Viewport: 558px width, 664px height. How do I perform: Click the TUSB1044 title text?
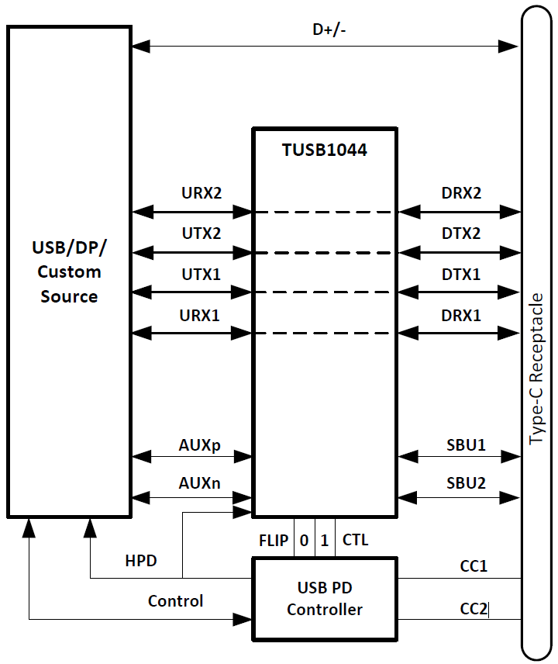pos(324,150)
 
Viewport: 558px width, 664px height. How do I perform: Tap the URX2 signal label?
pos(201,192)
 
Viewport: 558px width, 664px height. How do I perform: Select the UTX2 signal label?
pos(201,233)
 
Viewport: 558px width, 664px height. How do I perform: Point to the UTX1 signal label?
pos(201,274)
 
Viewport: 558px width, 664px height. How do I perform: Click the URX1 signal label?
pos(201,316)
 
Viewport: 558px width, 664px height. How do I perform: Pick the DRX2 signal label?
pos(460,192)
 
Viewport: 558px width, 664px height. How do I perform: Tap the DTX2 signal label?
pos(460,233)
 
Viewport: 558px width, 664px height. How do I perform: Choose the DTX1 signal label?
pos(460,274)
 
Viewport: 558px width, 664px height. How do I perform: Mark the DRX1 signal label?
pos(460,316)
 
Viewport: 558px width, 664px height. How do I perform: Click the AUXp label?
pos(200,445)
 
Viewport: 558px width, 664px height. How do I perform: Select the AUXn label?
pos(200,483)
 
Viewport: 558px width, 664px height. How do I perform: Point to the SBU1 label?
pos(466,445)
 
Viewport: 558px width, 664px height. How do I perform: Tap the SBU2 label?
pos(466,483)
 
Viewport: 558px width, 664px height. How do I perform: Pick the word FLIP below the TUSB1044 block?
pos(274,540)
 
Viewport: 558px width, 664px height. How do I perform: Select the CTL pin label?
pos(355,540)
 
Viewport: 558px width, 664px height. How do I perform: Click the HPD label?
pos(141,560)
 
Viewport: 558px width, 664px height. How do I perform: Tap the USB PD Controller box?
pos(325,598)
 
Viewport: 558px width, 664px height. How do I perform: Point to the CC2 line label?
pos(474,610)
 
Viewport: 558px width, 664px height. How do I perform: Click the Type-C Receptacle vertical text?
pos(536,369)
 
